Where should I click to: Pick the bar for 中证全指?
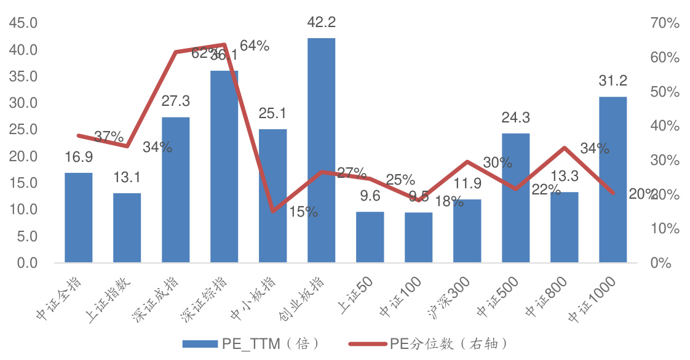[x=79, y=218]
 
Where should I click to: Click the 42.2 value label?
[x=321, y=23]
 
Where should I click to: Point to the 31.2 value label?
[x=613, y=81]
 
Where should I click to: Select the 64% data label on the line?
[x=255, y=46]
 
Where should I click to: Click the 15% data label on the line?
[x=303, y=212]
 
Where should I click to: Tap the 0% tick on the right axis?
[x=662, y=263]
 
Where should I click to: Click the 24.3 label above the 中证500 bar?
[x=515, y=118]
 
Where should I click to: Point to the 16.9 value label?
[x=79, y=158]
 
